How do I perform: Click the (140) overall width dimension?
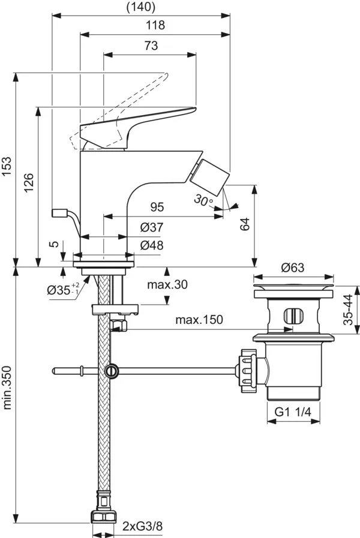(x=142, y=7)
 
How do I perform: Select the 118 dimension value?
(x=155, y=25)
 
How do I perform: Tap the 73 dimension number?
(x=151, y=46)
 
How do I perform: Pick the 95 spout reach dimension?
(x=157, y=207)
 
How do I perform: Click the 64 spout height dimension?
(x=244, y=224)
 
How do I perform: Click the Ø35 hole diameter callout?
(x=60, y=290)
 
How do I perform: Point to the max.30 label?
(x=167, y=284)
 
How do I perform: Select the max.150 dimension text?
(x=199, y=320)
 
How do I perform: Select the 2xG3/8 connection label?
(x=142, y=527)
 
